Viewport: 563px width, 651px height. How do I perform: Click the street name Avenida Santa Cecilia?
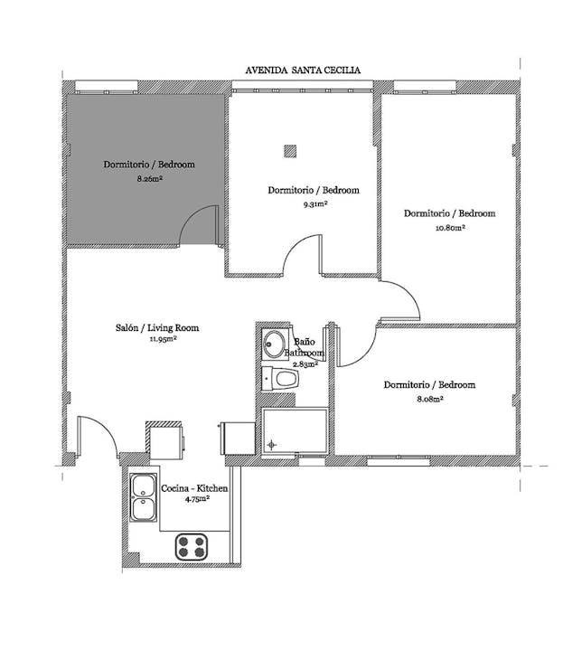pos(303,71)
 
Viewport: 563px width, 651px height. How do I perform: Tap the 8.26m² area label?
pos(149,179)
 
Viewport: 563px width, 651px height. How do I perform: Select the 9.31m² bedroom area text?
pos(314,204)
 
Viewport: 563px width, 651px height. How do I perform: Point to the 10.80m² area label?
pos(450,228)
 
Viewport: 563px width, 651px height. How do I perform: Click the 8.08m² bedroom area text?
pos(429,399)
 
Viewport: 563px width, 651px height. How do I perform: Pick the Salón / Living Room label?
pos(157,327)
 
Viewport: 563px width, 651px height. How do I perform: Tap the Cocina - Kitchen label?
pos(194,488)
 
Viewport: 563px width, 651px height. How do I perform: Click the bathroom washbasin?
pos(274,344)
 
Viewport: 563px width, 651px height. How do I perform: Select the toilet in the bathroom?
pos(280,378)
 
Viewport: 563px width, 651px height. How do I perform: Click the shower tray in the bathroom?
pos(295,429)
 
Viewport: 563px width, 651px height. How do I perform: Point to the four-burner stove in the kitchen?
pos(191,547)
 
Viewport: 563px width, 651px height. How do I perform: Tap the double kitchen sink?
pos(144,497)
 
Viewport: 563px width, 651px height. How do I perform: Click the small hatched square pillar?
pos(290,151)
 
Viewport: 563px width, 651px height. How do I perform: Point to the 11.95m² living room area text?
pos(164,339)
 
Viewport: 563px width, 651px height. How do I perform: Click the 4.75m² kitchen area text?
pos(197,499)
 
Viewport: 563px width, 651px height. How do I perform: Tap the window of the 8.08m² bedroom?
pos(399,460)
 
